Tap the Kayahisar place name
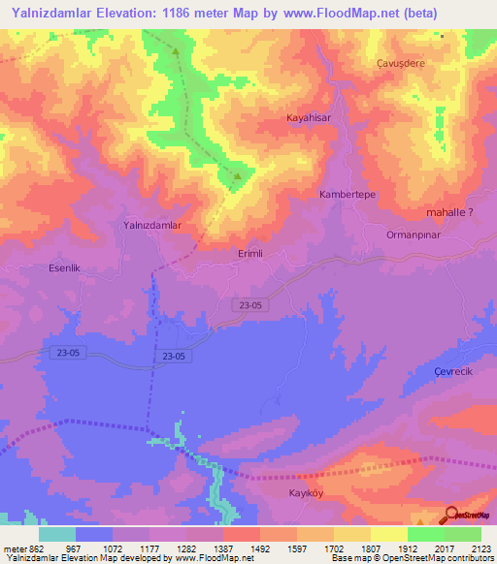tap(309, 117)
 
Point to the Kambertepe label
tap(348, 195)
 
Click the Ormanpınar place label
tap(414, 235)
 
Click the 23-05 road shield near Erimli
tap(249, 305)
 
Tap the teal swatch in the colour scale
tap(57, 534)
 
